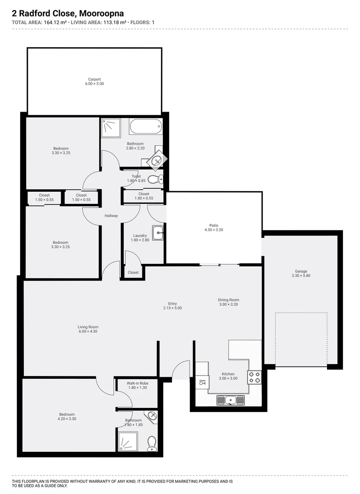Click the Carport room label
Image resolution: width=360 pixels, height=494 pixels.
pyautogui.click(x=94, y=79)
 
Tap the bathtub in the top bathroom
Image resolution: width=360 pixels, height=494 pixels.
pyautogui.click(x=145, y=126)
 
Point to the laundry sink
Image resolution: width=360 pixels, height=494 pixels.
pyautogui.click(x=158, y=233)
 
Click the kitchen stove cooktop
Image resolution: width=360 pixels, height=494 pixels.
pyautogui.click(x=254, y=377)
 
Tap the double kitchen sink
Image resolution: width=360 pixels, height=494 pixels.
pyautogui.click(x=231, y=400)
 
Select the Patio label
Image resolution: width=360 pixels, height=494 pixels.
pyautogui.click(x=214, y=226)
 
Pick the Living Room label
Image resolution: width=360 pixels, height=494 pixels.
pyautogui.click(x=88, y=327)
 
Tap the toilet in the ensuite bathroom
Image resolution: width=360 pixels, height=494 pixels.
pyautogui.click(x=151, y=442)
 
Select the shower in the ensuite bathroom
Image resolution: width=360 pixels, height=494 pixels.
pyautogui.click(x=128, y=441)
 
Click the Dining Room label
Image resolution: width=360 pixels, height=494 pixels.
pyautogui.click(x=228, y=300)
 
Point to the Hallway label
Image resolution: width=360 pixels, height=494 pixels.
pyautogui.click(x=111, y=216)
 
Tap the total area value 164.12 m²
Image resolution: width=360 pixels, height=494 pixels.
pyautogui.click(x=55, y=22)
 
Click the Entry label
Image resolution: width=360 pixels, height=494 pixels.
pyautogui.click(x=172, y=303)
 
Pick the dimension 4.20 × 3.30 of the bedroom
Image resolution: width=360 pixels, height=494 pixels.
pyautogui.click(x=67, y=419)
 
